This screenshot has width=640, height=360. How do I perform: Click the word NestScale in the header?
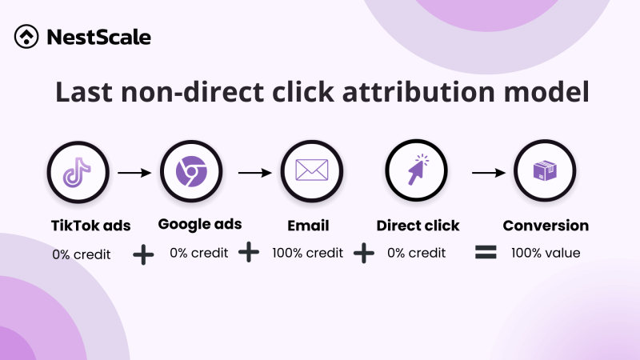click(x=98, y=37)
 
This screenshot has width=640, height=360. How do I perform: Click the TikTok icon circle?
click(x=78, y=171)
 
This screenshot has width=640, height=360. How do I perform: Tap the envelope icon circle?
click(x=311, y=171)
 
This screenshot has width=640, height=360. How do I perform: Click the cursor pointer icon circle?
click(x=417, y=171)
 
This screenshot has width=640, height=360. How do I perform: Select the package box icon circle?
click(x=545, y=171)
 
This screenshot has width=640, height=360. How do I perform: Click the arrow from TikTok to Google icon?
click(x=134, y=171)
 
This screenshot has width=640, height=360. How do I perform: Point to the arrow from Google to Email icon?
click(x=254, y=171)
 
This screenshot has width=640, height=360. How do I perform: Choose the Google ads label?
click(x=200, y=224)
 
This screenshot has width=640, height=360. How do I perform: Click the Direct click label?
click(x=418, y=226)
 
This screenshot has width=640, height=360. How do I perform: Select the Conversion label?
click(x=546, y=226)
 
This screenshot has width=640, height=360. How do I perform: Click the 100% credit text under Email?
click(x=307, y=253)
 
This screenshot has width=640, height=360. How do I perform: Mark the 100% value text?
click(x=546, y=253)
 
